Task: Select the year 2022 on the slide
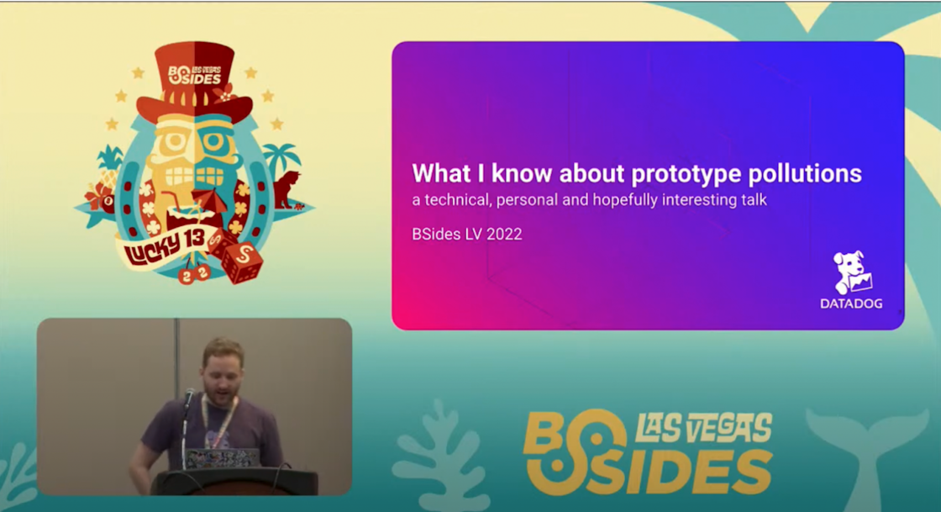504,234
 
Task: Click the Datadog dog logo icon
852,273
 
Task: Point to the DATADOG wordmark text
851,304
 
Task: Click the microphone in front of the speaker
188,399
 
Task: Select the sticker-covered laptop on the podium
222,458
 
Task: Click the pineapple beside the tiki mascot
110,167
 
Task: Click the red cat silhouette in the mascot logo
287,190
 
